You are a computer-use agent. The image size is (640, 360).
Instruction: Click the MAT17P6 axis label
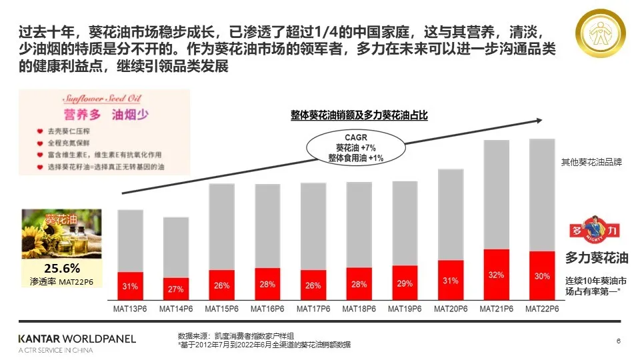click(x=313, y=309)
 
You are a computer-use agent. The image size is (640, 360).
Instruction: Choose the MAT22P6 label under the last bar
click(x=542, y=309)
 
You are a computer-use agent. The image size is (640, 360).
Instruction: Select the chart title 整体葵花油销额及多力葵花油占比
click(x=358, y=115)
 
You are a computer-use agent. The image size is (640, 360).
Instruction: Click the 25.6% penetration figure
click(x=61, y=268)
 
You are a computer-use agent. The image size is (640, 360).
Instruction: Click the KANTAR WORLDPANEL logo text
click(x=77, y=339)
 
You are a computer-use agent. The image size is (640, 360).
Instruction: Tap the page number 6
click(x=618, y=341)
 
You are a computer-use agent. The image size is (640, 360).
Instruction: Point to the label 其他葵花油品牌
click(x=591, y=162)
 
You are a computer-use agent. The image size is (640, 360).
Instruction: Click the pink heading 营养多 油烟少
click(x=105, y=111)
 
